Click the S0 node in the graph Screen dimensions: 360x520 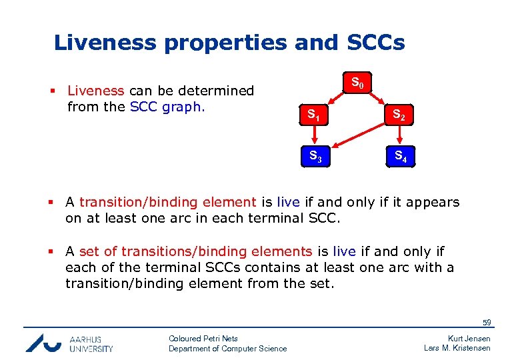coord(357,83)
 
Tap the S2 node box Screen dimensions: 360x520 coord(398,115)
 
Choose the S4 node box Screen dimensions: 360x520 coord(400,157)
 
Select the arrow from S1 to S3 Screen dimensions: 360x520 coord(313,136)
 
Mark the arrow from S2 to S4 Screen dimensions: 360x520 coord(399,136)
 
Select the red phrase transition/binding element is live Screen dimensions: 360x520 coord(167,202)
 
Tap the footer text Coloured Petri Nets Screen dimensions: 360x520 coord(203,339)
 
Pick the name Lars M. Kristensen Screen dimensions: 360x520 coord(457,348)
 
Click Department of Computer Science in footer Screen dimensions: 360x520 coord(227,348)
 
